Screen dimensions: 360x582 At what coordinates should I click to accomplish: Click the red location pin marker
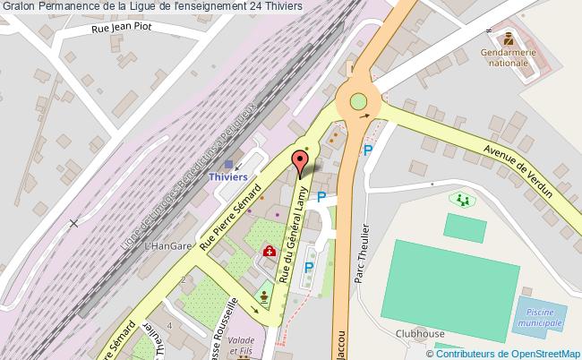[x=300, y=162]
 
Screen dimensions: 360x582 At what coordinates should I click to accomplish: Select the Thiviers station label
[x=227, y=177]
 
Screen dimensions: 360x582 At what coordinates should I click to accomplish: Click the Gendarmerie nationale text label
[x=509, y=58]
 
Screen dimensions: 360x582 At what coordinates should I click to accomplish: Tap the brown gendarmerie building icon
[x=509, y=39]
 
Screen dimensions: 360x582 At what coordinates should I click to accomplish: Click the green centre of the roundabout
[x=358, y=102]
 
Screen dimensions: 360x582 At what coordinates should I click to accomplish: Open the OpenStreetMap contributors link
[x=518, y=353]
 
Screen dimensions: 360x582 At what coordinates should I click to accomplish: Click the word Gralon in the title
[x=20, y=7]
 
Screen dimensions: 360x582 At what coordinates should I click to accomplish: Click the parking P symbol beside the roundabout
[x=367, y=150]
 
